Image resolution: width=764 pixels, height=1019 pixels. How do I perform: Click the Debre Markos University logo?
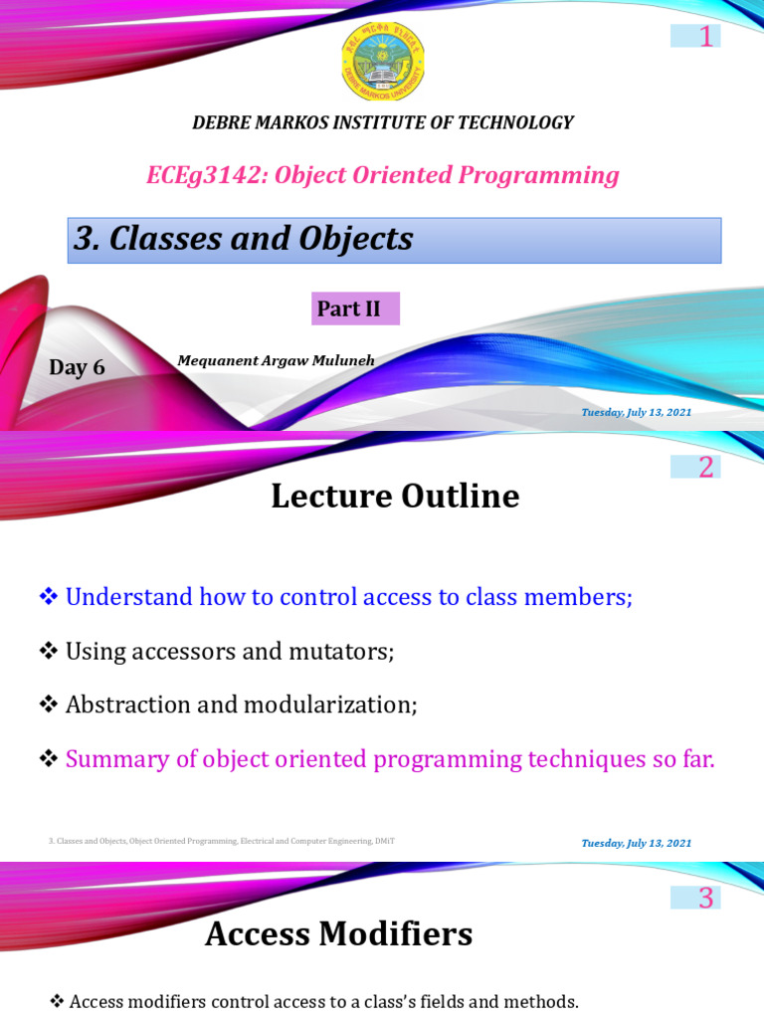pos(382,62)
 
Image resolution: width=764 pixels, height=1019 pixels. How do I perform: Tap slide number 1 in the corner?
pos(705,37)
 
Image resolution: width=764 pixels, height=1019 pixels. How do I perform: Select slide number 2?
pos(705,467)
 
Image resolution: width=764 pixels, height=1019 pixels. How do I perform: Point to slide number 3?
pos(705,899)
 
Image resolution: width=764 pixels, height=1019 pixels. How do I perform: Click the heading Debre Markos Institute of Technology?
pos(382,122)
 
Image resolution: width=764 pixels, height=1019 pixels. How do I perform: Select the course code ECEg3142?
pos(206,175)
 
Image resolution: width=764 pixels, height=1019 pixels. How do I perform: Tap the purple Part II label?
pos(354,308)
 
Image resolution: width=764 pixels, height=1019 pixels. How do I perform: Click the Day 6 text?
pos(77,367)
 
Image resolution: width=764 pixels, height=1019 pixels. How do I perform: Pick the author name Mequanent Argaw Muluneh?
pos(276,360)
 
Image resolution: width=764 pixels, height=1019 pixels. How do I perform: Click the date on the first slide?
pos(637,412)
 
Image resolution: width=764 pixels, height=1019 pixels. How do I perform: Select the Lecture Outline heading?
pos(395,496)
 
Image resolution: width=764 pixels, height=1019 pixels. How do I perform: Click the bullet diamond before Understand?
pos(48,596)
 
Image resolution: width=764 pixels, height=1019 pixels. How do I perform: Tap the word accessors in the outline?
pos(180,651)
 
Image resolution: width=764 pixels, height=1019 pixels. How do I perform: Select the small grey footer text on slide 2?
pos(221,841)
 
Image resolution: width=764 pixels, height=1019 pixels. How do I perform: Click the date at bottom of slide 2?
pos(637,843)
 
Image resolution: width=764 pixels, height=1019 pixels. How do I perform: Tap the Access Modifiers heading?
pos(338,933)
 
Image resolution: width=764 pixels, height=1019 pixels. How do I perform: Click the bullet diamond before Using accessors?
pos(48,651)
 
